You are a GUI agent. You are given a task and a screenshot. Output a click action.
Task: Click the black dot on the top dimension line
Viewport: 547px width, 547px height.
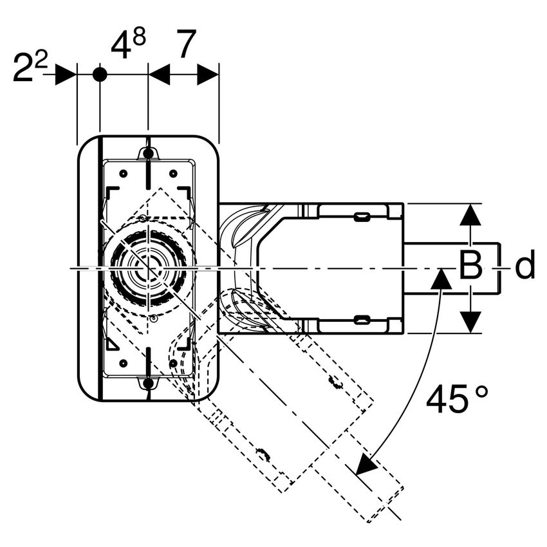point(100,74)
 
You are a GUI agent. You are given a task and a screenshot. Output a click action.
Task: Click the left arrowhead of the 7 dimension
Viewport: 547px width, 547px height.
point(158,74)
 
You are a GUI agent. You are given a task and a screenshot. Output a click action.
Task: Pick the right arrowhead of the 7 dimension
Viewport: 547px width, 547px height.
point(208,74)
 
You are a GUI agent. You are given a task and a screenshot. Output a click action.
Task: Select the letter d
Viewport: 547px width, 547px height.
point(525,266)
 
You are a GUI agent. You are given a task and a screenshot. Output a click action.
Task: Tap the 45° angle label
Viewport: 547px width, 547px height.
point(457,401)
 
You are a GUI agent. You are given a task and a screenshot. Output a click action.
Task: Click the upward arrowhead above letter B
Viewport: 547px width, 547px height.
point(471,215)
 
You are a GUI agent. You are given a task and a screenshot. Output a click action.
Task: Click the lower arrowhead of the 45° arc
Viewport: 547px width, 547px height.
point(367,463)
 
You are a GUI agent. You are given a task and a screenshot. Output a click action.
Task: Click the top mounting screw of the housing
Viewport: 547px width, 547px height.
point(148,153)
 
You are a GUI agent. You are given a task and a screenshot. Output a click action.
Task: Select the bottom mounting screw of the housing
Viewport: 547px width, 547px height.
point(148,384)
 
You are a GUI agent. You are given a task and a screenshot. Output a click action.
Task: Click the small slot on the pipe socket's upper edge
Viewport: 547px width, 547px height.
point(362,217)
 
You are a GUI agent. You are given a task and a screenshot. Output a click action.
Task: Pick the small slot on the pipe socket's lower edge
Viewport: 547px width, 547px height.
point(362,319)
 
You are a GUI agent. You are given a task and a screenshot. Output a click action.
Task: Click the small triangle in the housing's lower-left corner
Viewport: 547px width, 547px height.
point(113,344)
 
